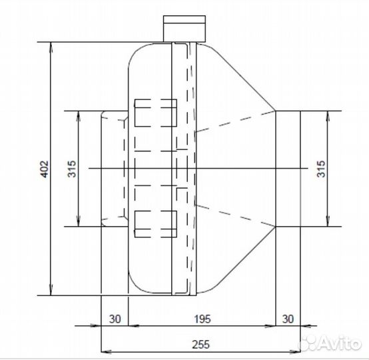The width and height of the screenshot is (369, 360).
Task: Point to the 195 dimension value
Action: [x=201, y=318]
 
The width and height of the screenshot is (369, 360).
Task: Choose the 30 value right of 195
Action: [x=288, y=318]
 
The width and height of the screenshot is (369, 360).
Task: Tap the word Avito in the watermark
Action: [x=341, y=343]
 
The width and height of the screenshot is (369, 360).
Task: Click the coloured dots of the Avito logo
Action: [x=308, y=343]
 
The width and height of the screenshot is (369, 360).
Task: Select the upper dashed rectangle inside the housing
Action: [x=156, y=113]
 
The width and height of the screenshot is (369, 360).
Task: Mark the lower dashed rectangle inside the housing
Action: [x=156, y=224]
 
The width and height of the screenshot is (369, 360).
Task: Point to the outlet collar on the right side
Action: [x=287, y=169]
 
